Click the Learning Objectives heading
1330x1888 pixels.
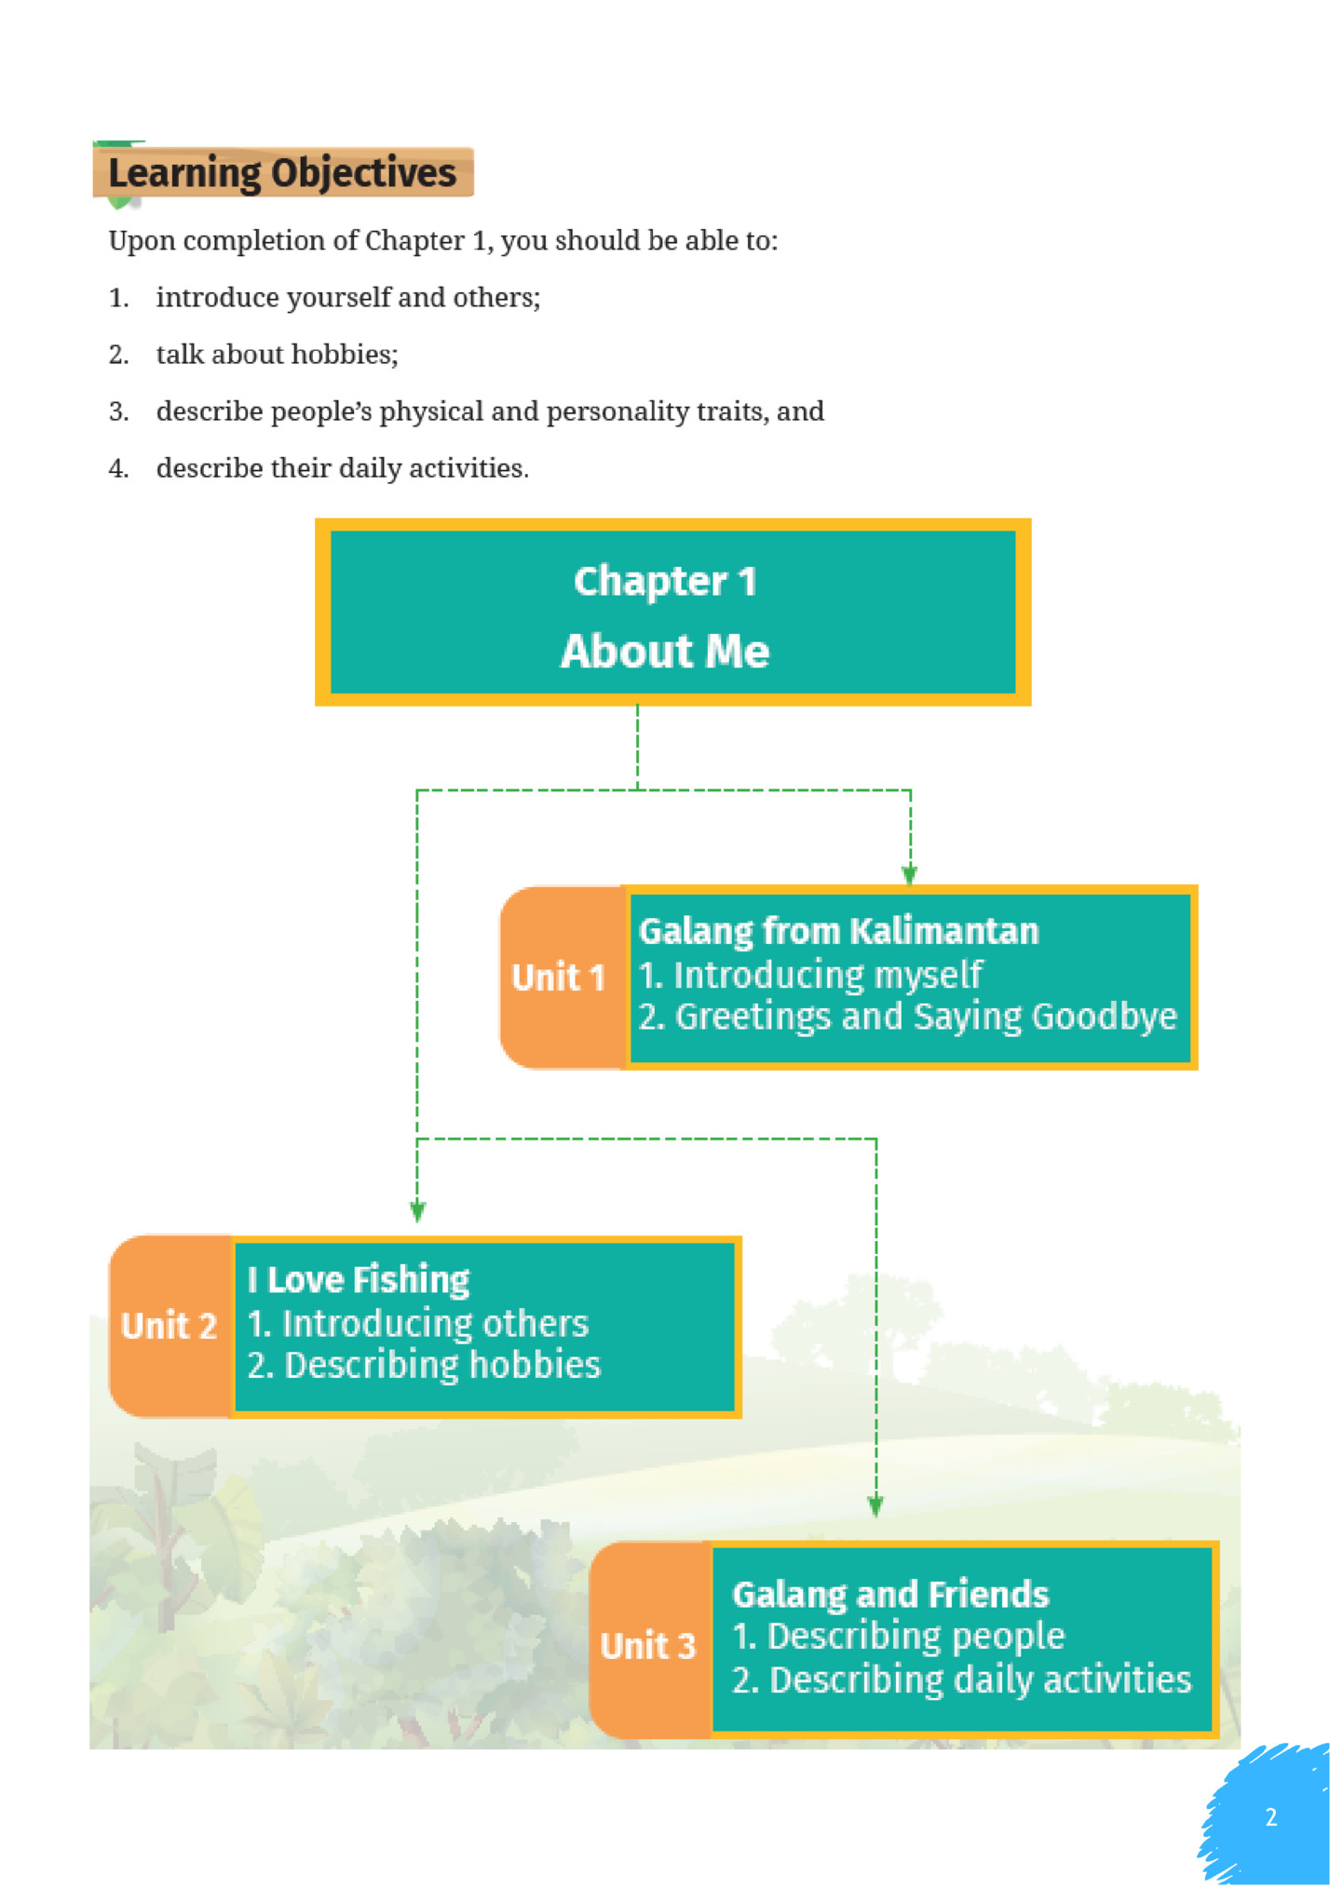[x=282, y=173]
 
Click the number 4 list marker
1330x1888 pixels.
[x=118, y=468]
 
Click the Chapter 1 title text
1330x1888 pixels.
[x=665, y=582]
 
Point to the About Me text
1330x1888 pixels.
[x=665, y=652]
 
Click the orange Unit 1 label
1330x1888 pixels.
[x=559, y=978]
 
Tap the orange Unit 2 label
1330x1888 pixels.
[x=169, y=1326]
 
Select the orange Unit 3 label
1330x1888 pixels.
[x=648, y=1646]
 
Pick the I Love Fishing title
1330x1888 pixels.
[x=359, y=1280]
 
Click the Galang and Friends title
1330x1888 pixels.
[x=890, y=1595]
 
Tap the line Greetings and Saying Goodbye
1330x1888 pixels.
[x=908, y=1018]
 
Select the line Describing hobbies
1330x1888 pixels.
[x=425, y=1366]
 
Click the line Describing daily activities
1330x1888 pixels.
[x=961, y=1680]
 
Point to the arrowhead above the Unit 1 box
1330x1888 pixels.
[x=910, y=875]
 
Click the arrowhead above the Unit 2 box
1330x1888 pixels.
[x=417, y=1211]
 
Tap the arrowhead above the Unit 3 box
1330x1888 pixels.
[x=875, y=1506]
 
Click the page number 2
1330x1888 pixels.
[x=1270, y=1817]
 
